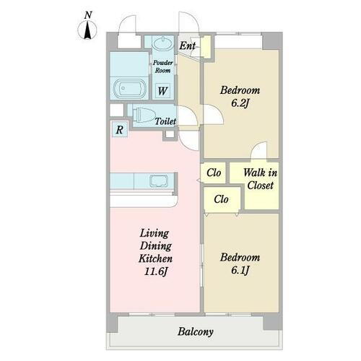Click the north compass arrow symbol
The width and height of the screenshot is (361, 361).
point(87,30)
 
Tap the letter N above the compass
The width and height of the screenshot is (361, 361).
point(88,15)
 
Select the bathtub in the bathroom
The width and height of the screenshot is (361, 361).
point(130,88)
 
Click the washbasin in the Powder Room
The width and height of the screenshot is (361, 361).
point(163,43)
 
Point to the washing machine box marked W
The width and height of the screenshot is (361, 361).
point(162,91)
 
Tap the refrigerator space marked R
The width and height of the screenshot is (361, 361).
point(120,130)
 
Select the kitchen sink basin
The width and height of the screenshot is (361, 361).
point(159,181)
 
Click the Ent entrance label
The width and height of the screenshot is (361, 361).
point(187,45)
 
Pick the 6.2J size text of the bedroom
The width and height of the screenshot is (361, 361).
point(240,103)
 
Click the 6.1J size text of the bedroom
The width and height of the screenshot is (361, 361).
point(240,270)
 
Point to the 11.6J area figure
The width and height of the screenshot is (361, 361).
point(156,271)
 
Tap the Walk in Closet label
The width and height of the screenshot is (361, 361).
point(261,179)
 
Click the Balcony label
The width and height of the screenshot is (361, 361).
point(196,332)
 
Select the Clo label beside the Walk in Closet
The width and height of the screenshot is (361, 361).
point(214,173)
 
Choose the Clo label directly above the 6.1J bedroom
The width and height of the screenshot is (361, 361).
point(221,199)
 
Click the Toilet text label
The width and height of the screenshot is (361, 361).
point(165,121)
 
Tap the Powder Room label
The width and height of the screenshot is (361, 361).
point(163,66)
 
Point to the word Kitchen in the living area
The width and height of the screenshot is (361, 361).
point(155,258)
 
